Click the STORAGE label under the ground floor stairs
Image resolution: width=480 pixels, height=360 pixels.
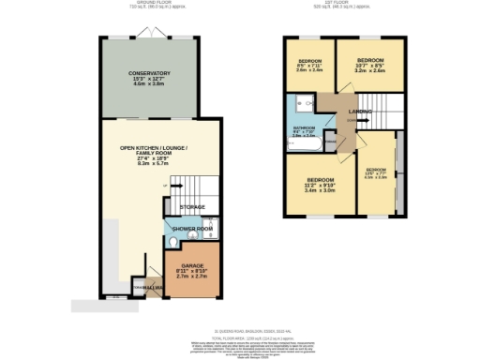point(193,206)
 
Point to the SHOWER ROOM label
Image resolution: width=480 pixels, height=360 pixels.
point(193,229)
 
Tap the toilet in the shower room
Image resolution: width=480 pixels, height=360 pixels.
point(171,244)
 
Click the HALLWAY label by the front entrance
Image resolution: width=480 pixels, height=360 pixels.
point(142,287)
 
